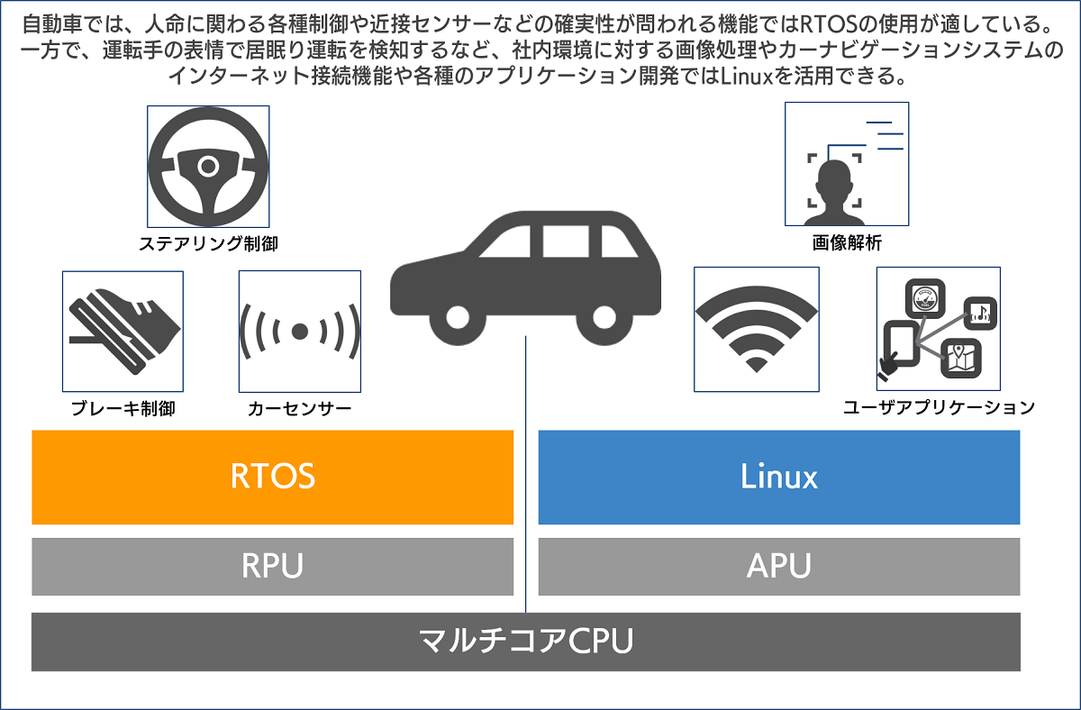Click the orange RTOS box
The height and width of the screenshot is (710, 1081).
click(x=272, y=477)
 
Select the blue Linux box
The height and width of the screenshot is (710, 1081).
click(x=778, y=477)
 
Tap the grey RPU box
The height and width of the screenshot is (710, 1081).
click(x=272, y=567)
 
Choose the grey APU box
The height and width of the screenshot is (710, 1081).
click(x=778, y=567)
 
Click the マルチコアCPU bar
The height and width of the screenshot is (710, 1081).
click(x=526, y=642)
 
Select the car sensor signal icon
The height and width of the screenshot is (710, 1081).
click(x=300, y=332)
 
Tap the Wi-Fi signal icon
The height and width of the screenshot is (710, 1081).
click(x=757, y=329)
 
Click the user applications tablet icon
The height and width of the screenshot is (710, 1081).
click(x=938, y=329)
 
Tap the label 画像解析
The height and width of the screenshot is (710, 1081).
click(x=846, y=242)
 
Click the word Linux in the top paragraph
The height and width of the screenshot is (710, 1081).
click(x=745, y=77)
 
